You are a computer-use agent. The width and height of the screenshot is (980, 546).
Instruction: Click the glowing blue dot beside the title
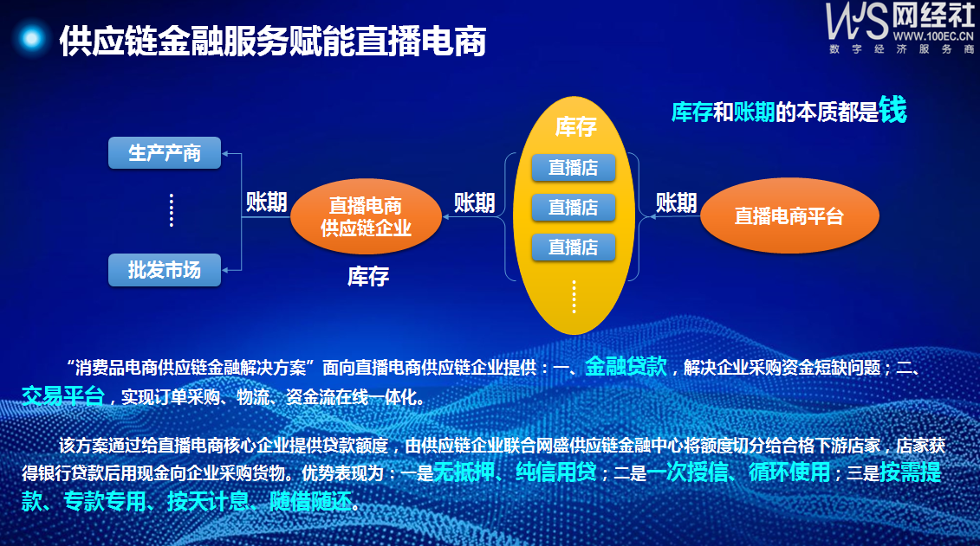click(x=31, y=39)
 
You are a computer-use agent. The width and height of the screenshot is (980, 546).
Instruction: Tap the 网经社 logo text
click(x=933, y=15)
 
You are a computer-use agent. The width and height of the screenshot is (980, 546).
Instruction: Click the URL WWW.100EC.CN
click(x=933, y=36)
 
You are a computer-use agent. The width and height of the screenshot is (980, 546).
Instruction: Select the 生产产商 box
click(x=165, y=153)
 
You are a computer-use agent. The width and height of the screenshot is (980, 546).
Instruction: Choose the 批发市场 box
click(x=165, y=270)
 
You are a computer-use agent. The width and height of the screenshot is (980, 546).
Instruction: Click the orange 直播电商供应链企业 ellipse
click(x=367, y=216)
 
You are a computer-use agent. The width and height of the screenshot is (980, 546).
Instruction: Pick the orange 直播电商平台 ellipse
click(x=789, y=216)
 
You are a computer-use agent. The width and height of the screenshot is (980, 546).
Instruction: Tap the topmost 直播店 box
click(x=573, y=167)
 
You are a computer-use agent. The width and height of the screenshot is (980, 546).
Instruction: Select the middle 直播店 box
click(x=573, y=207)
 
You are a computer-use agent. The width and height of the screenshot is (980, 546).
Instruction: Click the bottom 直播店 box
click(x=573, y=247)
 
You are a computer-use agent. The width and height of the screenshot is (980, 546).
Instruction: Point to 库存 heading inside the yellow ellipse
click(x=575, y=127)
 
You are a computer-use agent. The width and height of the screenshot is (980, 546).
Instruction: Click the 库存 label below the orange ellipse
click(x=368, y=276)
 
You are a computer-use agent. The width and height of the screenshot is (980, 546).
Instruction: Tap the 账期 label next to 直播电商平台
click(x=676, y=202)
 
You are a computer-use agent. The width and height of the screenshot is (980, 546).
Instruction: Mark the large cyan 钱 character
click(x=892, y=110)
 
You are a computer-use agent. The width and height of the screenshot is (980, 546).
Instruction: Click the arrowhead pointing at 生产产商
click(x=225, y=153)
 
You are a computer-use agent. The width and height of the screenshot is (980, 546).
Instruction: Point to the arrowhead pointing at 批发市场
click(x=225, y=270)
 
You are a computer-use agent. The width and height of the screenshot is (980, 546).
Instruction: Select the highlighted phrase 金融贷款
click(x=626, y=366)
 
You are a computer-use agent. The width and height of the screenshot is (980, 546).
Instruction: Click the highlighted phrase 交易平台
click(x=62, y=395)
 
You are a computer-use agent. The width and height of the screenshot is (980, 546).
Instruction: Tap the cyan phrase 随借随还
click(x=310, y=500)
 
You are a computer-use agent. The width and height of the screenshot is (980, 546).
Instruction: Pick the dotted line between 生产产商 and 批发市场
click(x=172, y=210)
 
